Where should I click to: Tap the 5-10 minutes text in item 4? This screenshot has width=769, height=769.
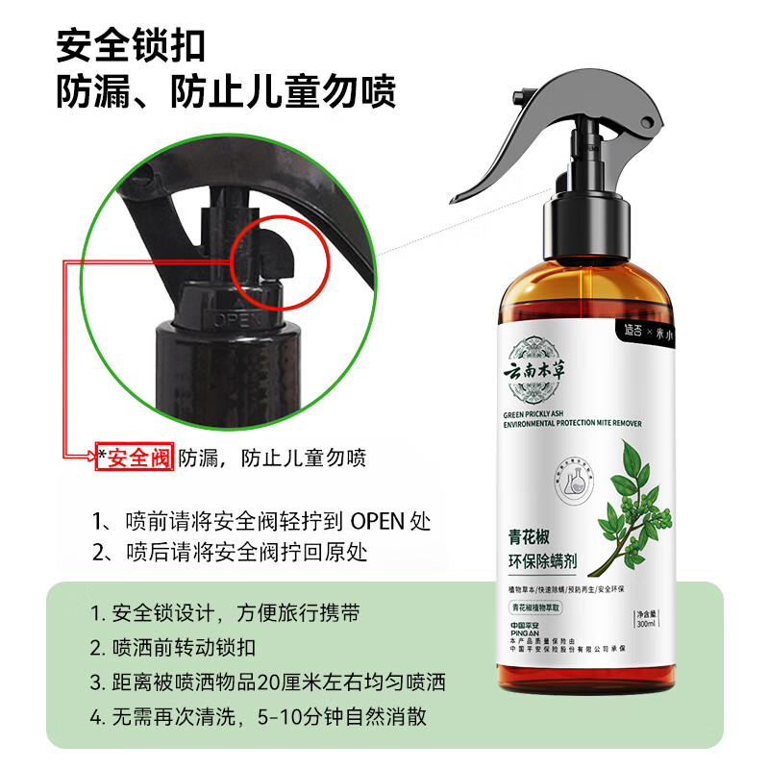301,717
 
